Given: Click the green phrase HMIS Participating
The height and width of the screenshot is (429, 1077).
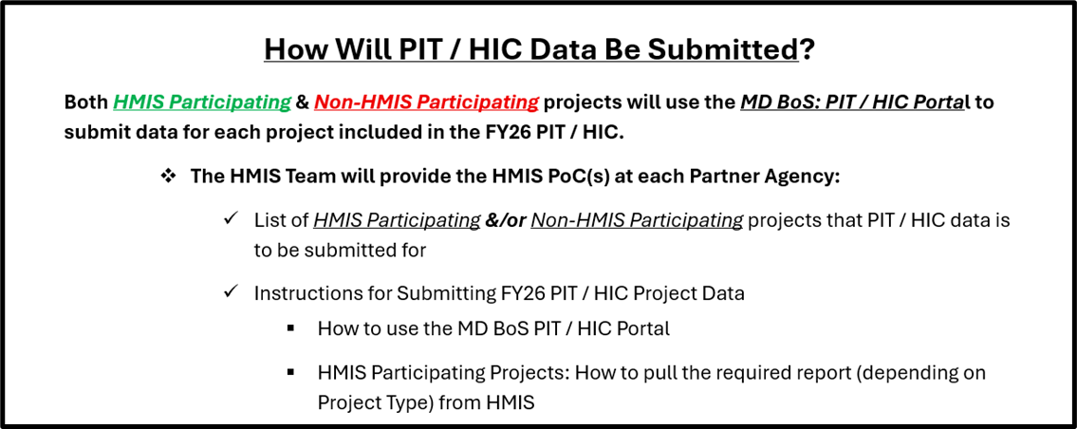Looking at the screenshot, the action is pyautogui.click(x=202, y=103).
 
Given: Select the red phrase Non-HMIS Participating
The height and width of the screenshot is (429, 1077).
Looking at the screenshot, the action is pyautogui.click(x=427, y=103).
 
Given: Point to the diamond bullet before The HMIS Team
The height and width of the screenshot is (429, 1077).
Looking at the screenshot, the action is pyautogui.click(x=168, y=176).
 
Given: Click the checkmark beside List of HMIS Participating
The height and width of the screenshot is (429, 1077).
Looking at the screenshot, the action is pyautogui.click(x=231, y=219).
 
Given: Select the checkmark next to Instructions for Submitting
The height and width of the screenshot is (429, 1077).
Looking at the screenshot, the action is pyautogui.click(x=231, y=291).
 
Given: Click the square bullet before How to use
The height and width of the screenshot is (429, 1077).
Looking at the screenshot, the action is pyautogui.click(x=291, y=328).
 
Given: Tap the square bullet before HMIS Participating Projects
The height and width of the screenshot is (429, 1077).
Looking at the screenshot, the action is pyautogui.click(x=291, y=373).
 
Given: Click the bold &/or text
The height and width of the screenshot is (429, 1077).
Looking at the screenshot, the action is pyautogui.click(x=505, y=221).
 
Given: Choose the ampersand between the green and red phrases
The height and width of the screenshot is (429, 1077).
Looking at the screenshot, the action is pyautogui.click(x=303, y=103).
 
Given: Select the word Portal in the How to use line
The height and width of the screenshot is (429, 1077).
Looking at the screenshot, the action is pyautogui.click(x=643, y=328).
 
